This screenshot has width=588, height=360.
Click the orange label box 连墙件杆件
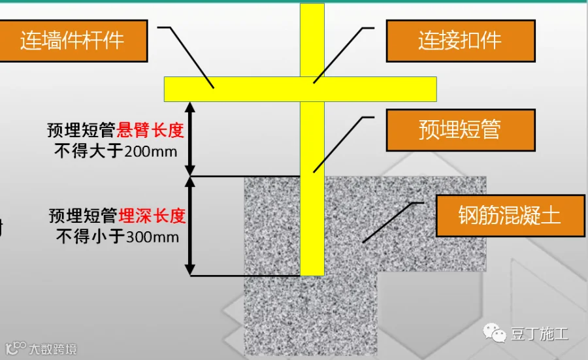[x=73, y=41]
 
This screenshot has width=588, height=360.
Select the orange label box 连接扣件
[x=461, y=41]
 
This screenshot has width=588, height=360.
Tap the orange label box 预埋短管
[x=461, y=130]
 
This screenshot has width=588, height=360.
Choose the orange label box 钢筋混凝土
[x=510, y=216]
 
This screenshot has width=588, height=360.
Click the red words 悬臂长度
[x=150, y=130]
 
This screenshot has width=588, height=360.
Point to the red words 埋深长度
[x=152, y=216]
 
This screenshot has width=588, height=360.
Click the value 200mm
[x=150, y=152]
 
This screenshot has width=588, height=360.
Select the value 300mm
[x=152, y=237]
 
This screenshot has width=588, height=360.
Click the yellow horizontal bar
[x=301, y=90]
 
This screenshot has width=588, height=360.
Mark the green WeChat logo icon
[x=495, y=333]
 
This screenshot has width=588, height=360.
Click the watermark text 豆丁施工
[x=540, y=334]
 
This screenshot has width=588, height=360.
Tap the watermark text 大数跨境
[x=53, y=349]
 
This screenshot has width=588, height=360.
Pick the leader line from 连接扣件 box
[x=344, y=56]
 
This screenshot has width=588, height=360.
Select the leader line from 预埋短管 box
[x=344, y=145]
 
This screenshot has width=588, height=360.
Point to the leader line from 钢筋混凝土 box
[x=393, y=223]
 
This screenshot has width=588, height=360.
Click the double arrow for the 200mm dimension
[x=190, y=139]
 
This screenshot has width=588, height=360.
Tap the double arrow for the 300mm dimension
[x=190, y=226]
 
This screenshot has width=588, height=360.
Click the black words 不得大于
[x=89, y=152]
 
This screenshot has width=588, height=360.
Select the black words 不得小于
[x=91, y=237]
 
